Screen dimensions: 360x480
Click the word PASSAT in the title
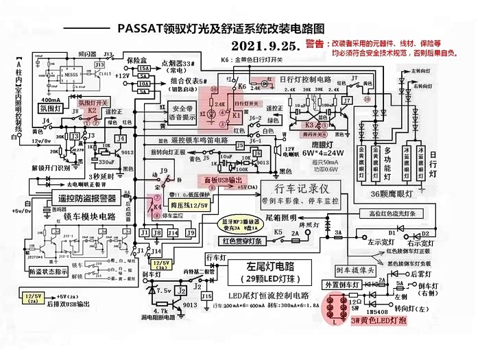point(139,28)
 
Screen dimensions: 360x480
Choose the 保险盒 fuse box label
point(138,60)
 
